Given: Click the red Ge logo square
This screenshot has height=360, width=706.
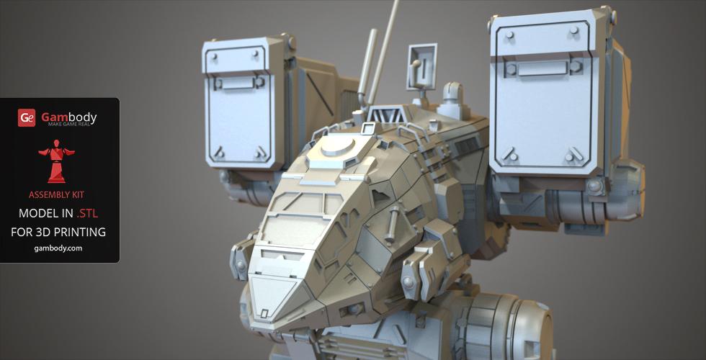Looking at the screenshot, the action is pos(27,118).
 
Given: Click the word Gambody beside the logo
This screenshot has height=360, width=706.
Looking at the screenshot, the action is pos(69,117).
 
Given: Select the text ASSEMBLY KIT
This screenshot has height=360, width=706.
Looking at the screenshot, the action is pos(56,195).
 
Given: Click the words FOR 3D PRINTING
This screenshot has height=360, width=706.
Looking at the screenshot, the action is pos(58,232).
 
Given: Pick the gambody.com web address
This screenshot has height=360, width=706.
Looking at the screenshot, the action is pos(58,248).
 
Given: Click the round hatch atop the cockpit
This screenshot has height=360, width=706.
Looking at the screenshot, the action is pos(337,146).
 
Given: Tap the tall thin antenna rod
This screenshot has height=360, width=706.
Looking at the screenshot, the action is pos(383,52).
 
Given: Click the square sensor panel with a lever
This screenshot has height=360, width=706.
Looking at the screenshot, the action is pos(422,66).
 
